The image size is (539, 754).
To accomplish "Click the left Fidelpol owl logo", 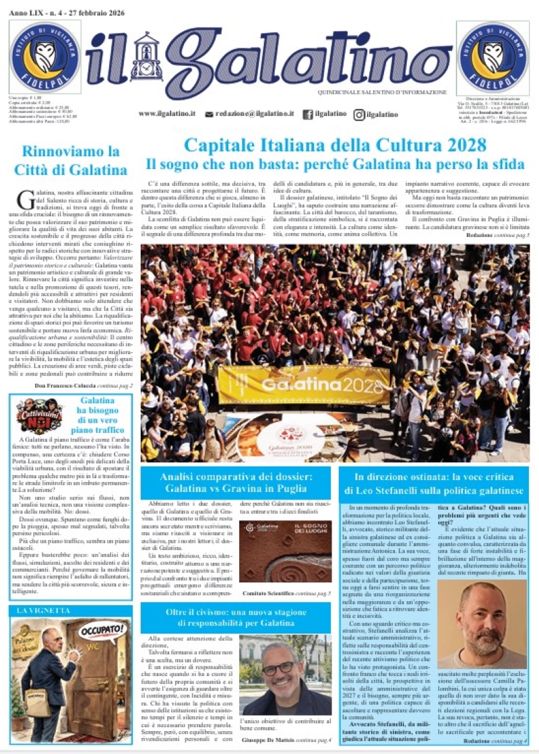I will (44, 57).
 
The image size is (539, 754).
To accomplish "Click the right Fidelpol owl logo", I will (493, 57).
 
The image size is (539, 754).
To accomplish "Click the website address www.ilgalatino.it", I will (167, 114).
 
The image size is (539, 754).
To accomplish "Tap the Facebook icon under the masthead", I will (308, 114).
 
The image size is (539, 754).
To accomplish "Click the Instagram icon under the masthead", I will (360, 114).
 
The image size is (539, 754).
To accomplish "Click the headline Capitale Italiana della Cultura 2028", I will (335, 145).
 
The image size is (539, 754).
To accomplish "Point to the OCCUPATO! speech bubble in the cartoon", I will (102, 631).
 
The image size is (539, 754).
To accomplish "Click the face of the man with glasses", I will (278, 666).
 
